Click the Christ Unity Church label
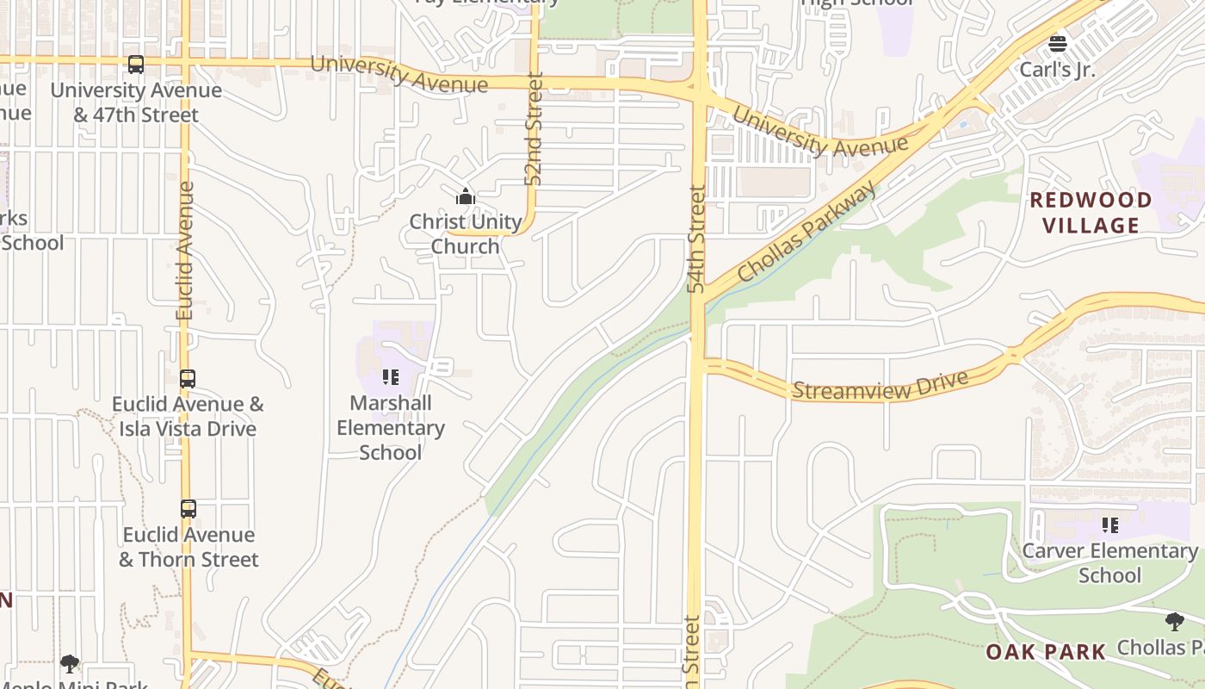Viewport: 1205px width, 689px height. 466,234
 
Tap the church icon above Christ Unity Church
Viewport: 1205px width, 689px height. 466,196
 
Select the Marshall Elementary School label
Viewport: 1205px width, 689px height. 391,427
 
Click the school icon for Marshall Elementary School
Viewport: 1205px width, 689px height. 391,377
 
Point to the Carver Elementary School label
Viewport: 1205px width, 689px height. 1109,562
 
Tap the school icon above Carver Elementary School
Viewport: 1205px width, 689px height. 1110,525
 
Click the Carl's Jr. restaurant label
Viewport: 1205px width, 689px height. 1058,70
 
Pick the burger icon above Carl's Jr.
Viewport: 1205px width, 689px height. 1058,43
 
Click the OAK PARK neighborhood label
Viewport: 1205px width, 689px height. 1046,652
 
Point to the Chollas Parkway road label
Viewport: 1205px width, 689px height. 806,231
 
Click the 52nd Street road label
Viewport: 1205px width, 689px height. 535,129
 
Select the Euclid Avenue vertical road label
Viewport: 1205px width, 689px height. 185,251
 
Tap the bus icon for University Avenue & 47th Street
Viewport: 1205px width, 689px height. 136,65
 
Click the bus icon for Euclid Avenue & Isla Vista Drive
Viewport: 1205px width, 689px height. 188,379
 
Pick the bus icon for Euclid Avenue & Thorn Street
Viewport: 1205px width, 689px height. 188,509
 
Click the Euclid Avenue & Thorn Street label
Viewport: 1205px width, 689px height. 188,547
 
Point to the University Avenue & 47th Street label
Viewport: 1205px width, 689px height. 136,102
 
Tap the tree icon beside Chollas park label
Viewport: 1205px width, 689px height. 1174,622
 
